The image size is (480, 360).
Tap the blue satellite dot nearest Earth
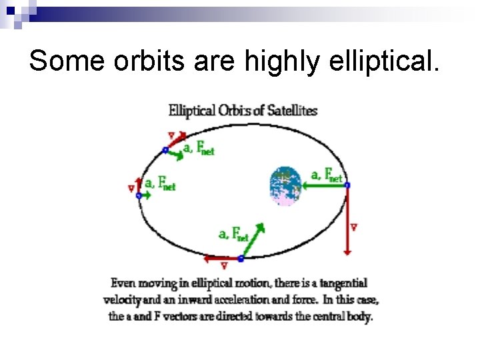coord(347,185)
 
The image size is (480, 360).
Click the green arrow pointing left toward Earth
coord(324,185)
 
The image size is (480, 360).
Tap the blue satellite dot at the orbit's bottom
coord(241,258)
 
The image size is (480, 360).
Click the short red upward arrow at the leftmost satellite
coord(139,185)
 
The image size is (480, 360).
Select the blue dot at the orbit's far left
coord(139,195)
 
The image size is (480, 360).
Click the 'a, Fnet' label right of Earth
coord(326,175)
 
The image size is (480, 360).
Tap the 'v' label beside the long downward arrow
coord(353,228)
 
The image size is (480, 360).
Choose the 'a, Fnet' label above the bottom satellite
coord(233,234)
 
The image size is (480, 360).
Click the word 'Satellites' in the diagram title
coord(292,111)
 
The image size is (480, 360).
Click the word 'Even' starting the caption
coord(123,284)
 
